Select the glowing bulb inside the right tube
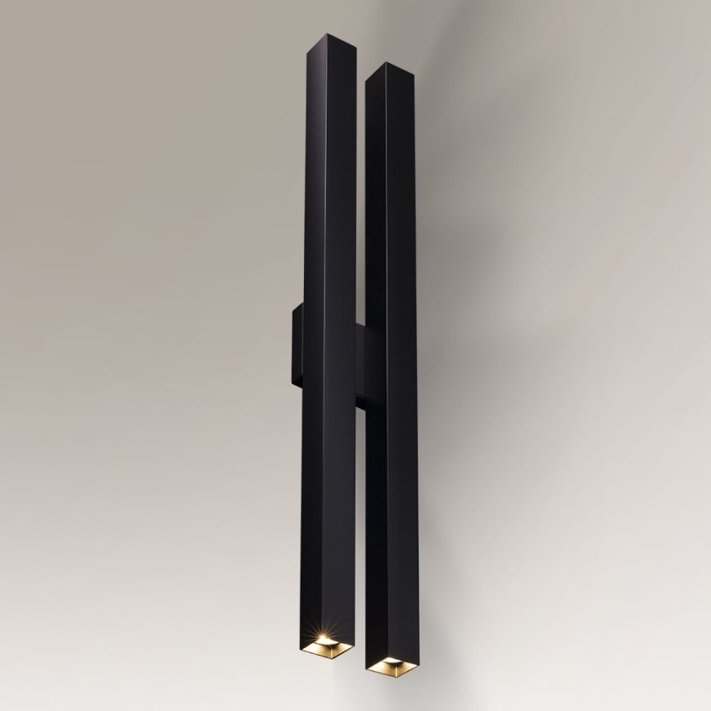point(389,662)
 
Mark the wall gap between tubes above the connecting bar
point(361,205)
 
